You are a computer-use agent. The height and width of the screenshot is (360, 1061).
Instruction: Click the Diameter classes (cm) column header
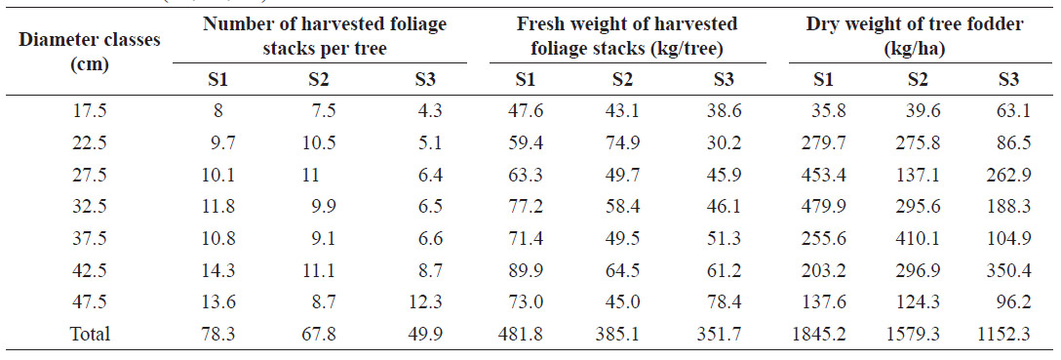[x=90, y=53]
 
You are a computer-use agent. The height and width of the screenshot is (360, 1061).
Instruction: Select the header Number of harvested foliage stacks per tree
[x=325, y=37]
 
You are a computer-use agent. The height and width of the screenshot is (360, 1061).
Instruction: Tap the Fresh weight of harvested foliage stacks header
[x=627, y=37]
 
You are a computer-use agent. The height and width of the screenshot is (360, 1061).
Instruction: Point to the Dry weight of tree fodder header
[x=914, y=37]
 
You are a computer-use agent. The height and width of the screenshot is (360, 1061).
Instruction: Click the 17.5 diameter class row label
[x=90, y=110]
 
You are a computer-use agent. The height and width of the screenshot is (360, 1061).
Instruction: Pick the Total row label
[x=90, y=334]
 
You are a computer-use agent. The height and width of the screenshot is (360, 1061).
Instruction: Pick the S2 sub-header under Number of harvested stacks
[x=319, y=81]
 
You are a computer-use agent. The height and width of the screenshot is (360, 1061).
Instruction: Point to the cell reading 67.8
[x=320, y=334]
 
